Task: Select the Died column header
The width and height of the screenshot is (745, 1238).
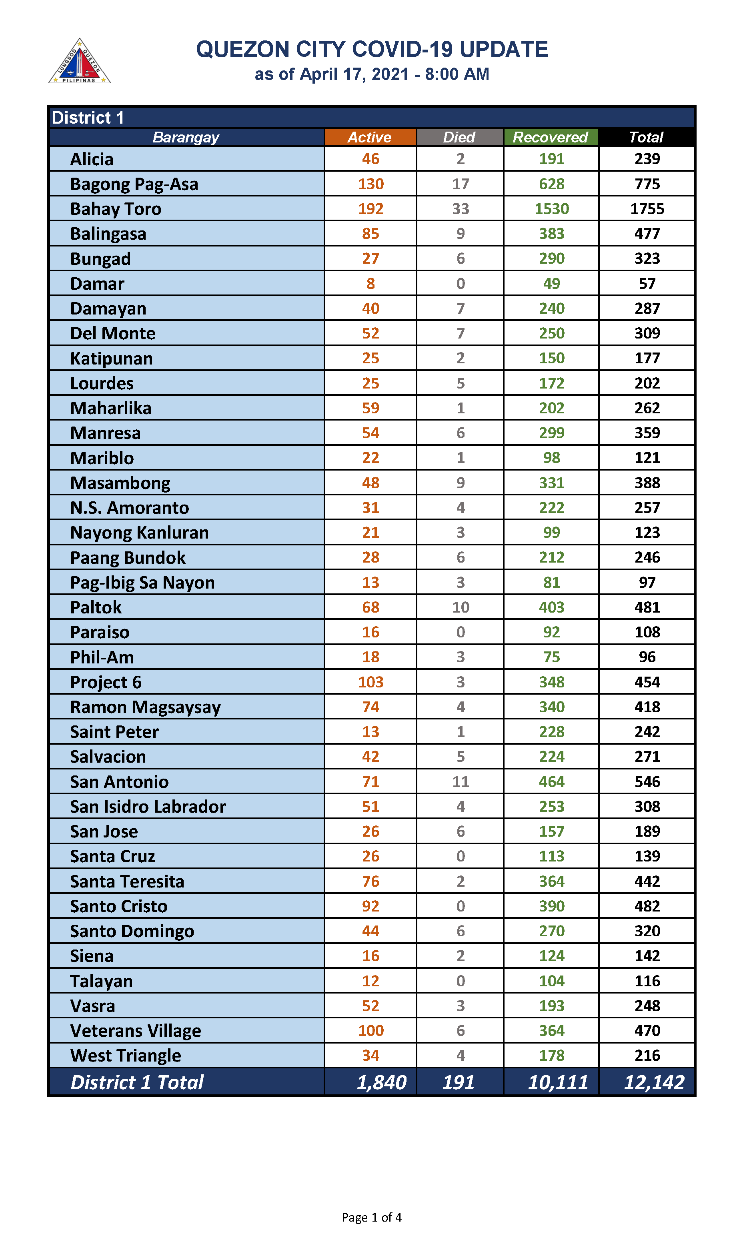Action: click(459, 137)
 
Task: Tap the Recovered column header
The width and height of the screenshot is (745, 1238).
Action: click(550, 137)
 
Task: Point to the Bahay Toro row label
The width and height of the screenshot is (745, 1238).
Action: click(116, 209)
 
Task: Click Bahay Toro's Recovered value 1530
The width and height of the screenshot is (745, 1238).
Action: click(551, 209)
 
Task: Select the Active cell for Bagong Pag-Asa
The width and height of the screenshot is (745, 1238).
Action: click(370, 184)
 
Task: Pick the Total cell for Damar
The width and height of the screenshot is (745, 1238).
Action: click(647, 284)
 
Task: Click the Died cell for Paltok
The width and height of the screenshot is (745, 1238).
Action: click(461, 607)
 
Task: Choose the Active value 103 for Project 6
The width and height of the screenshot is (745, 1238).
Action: click(370, 682)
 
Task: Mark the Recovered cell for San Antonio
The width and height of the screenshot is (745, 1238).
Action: click(551, 782)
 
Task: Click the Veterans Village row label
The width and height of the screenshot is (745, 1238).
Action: click(136, 1031)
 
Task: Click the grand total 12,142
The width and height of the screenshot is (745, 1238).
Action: click(654, 1082)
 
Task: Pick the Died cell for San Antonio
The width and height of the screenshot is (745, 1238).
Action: click(461, 782)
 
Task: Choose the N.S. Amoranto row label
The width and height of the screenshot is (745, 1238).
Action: click(130, 507)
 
